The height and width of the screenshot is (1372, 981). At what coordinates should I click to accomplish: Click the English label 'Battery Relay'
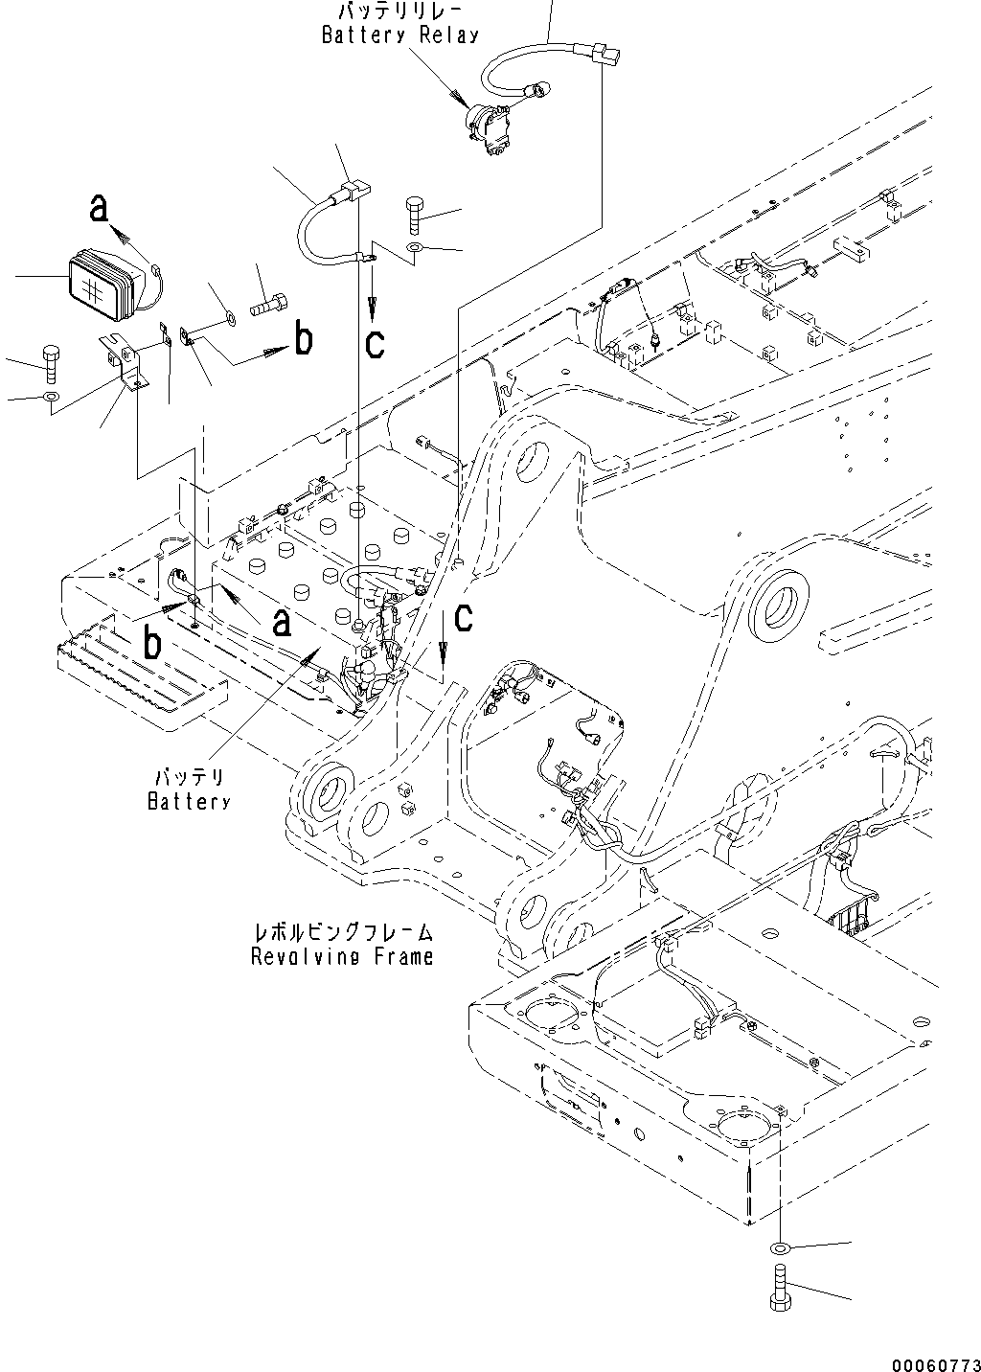click(x=399, y=35)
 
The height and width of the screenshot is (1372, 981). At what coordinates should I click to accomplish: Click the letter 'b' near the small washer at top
click(x=303, y=340)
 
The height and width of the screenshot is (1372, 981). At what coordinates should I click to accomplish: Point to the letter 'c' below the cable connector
click(x=375, y=342)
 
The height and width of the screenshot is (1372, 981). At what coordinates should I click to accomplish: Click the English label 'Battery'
click(x=189, y=802)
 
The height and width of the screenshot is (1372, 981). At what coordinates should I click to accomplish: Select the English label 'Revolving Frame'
click(x=342, y=955)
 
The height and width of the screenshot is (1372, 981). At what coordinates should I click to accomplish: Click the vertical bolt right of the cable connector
click(x=416, y=215)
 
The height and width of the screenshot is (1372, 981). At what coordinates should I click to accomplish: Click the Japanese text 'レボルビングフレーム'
click(x=342, y=931)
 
